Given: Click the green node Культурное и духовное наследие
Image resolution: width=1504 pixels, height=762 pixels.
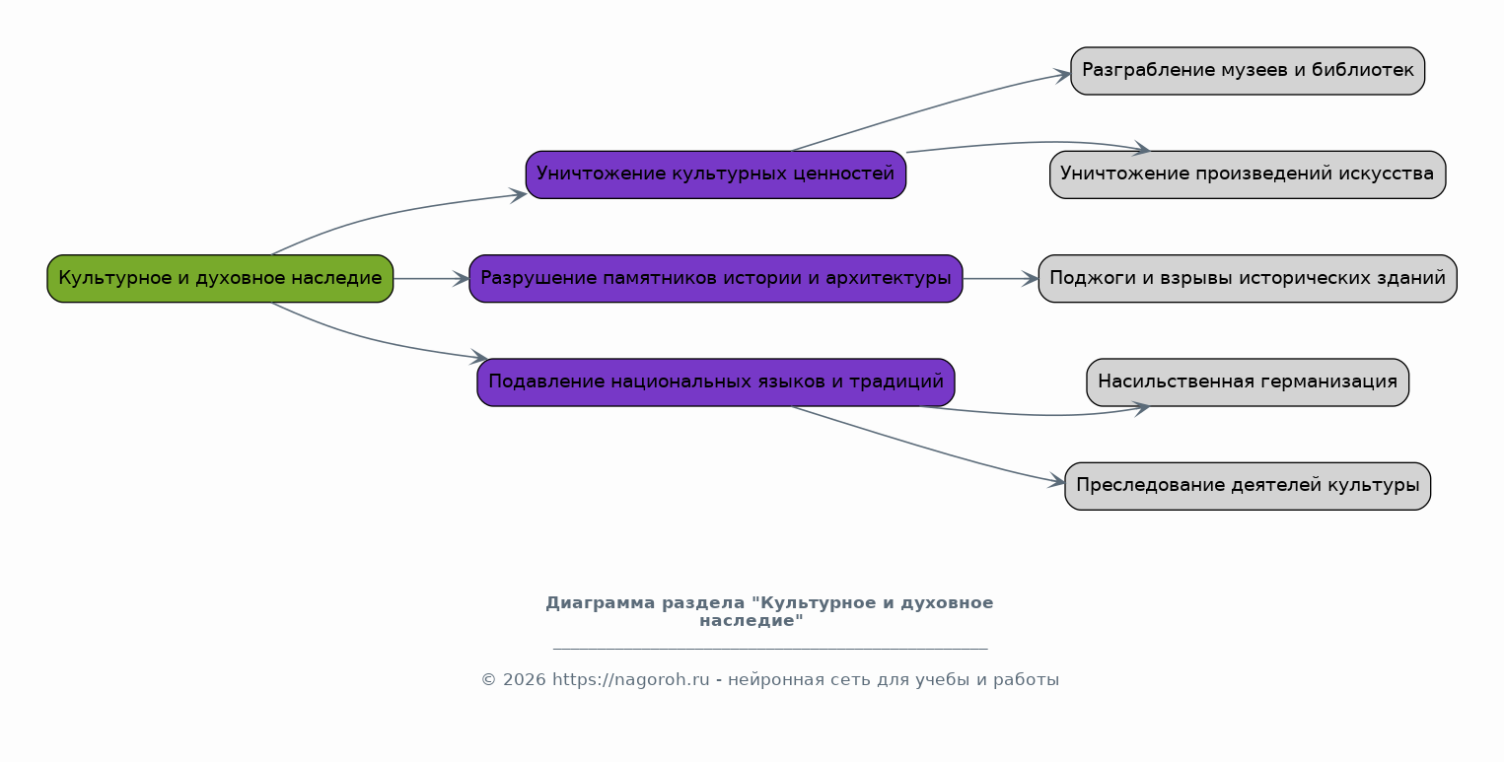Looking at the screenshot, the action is pos(220,279).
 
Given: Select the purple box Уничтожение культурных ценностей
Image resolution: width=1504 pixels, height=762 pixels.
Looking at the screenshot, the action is pos(716,174).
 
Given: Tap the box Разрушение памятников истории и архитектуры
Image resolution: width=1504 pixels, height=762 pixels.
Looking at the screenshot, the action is pos(716,279).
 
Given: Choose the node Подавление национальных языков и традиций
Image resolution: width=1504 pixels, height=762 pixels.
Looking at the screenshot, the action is pos(716,382).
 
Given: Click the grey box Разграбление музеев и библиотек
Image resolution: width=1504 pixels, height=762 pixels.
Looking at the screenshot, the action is pos(1248,71).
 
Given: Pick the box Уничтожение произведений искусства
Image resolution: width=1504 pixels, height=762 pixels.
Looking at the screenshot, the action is pos(1248,174).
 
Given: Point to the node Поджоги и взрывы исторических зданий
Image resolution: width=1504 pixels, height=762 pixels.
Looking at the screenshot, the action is pos(1248,279).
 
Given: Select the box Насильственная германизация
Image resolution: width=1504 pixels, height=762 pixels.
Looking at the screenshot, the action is pos(1248,382).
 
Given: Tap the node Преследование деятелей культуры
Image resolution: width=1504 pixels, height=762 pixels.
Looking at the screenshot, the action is pos(1248,486).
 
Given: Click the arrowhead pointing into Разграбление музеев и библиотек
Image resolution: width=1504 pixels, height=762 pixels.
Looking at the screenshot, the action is pos(1062,75).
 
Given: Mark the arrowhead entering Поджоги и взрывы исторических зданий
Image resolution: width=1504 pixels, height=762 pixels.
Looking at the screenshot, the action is pos(1030,279).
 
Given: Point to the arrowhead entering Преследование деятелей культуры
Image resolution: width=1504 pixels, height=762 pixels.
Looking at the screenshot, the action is pos(1057,481).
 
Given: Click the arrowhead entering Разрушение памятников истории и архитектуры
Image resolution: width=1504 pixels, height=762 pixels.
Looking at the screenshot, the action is pos(461,279).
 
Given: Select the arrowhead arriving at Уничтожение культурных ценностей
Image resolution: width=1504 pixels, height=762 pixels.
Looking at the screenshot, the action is pos(518,195).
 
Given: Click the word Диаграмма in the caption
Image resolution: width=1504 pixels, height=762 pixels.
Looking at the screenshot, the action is pos(601,603).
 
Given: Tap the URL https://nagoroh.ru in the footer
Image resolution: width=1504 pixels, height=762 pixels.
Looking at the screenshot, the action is pos(630,680).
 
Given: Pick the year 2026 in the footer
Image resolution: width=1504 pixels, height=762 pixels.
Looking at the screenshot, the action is pos(525,680).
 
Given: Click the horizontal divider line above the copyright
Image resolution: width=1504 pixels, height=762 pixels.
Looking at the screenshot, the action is pos(770,649).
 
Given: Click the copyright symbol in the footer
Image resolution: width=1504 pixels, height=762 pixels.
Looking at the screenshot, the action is pos(489,680).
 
